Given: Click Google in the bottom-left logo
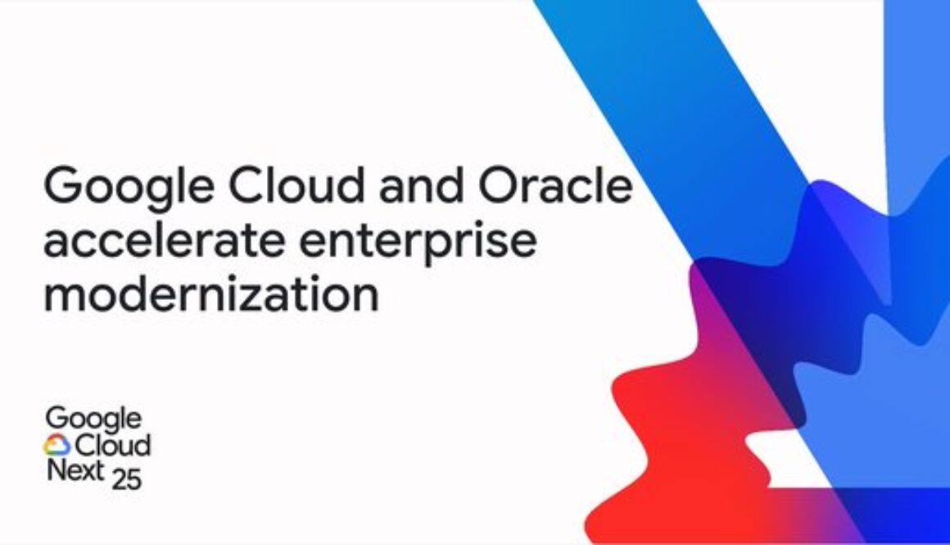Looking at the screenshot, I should pyautogui.click(x=93, y=420).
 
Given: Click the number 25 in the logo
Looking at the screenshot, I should pyautogui.click(x=127, y=479).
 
